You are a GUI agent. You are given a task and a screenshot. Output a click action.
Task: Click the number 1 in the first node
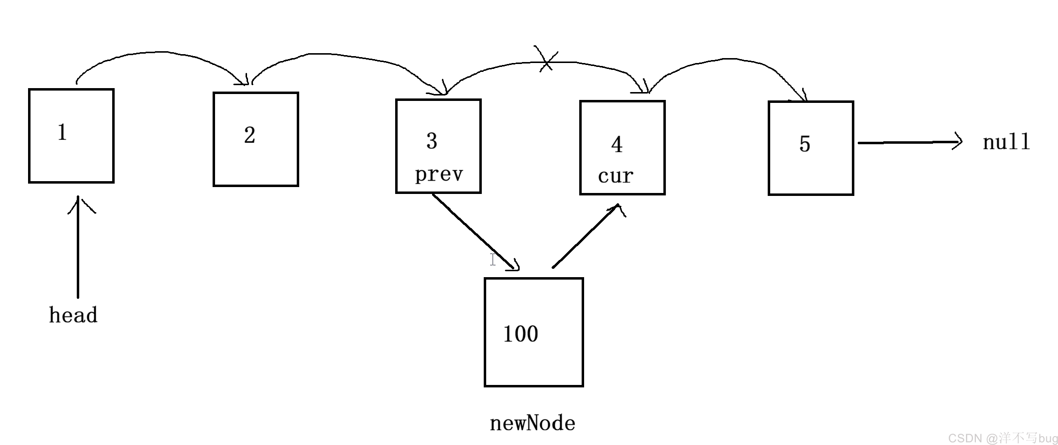[62, 132]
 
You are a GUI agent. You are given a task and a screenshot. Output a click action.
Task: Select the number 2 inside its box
[249, 135]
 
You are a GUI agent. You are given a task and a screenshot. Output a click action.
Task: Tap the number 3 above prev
[432, 141]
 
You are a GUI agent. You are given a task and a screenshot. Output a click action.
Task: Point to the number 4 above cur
[617, 144]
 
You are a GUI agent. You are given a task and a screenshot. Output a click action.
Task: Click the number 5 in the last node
[805, 144]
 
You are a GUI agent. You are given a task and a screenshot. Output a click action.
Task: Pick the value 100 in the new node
[521, 334]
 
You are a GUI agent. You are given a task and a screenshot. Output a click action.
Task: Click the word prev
[439, 174]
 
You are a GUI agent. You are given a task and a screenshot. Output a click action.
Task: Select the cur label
[616, 176]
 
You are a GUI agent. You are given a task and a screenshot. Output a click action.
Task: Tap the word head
[73, 315]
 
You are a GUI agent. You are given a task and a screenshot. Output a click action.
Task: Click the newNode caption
[532, 423]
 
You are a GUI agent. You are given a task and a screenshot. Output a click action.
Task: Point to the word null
[1006, 142]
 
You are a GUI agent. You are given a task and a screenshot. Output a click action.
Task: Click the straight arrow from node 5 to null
[910, 142]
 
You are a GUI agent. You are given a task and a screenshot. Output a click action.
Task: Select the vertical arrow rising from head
[78, 246]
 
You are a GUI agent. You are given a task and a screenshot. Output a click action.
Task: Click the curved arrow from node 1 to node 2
[162, 52]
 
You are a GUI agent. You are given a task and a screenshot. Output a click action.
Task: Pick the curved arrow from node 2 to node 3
[344, 55]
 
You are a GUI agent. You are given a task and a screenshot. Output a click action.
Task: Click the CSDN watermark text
[1002, 438]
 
